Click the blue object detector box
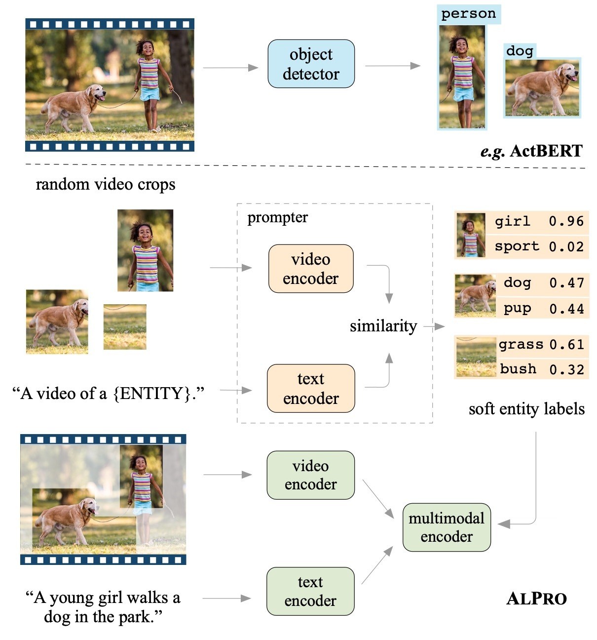click(311, 64)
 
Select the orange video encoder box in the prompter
click(311, 269)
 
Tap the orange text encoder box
click(311, 388)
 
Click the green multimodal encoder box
click(447, 527)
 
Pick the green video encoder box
click(310, 475)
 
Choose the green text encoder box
click(310, 591)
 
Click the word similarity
click(383, 326)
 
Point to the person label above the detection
click(468, 14)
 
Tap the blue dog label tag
click(520, 51)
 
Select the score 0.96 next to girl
click(566, 221)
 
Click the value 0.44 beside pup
click(566, 309)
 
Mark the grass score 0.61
click(566, 344)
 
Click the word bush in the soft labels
click(518, 369)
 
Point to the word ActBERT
click(546, 151)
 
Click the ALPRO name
click(536, 599)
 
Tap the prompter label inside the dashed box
click(277, 217)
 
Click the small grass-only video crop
click(125, 327)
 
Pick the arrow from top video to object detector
click(230, 68)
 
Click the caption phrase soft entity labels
click(526, 409)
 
